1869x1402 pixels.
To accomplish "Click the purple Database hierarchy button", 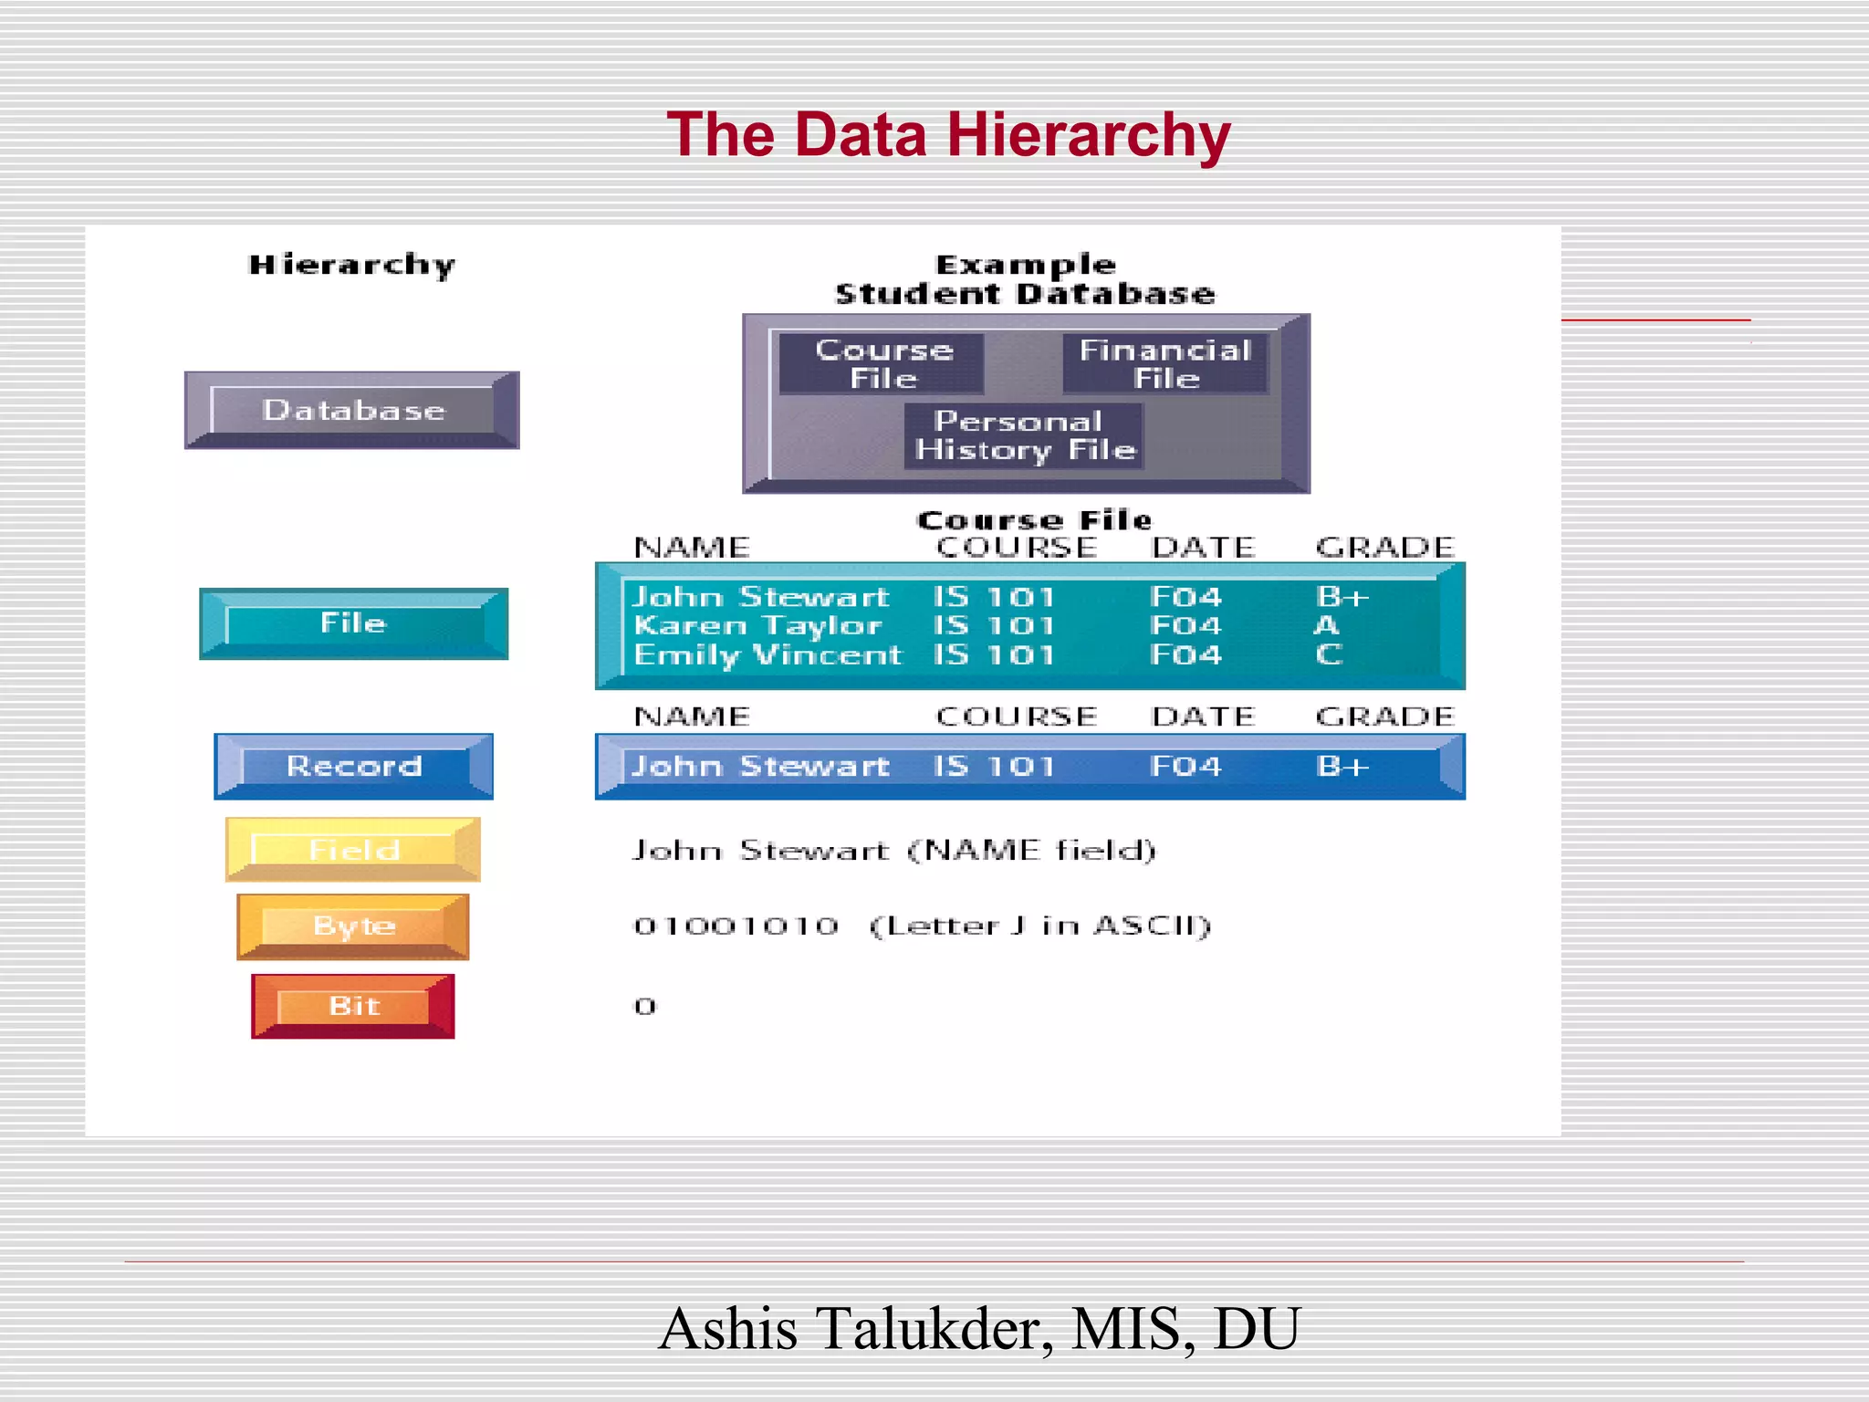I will pos(352,410).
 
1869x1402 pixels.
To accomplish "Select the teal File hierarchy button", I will pos(353,623).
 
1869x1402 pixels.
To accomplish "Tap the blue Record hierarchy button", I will pos(354,766).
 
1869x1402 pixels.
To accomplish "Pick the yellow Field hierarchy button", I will pos(353,850).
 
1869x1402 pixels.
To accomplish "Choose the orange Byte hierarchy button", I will pos(353,926).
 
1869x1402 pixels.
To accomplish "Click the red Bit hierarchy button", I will pos(353,1006).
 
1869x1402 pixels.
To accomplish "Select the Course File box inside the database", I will pos(882,363).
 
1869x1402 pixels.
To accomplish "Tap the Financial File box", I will pos(1165,363).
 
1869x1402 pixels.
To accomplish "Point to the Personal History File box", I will pos(1024,435).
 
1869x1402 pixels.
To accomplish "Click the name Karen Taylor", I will pos(757,625).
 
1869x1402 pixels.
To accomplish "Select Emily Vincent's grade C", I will pos(1328,654).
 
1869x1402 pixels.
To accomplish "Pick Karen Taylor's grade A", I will pos(1326,625).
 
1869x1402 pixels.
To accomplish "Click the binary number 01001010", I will pos(736,926).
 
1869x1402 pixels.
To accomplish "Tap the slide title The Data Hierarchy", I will pos(948,135).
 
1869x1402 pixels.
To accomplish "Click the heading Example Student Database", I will pos(1025,279).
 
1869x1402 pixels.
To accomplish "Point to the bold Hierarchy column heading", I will pos(351,265).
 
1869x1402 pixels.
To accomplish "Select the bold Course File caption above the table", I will pos(1034,520).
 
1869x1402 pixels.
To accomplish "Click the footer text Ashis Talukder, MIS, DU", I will pos(978,1328).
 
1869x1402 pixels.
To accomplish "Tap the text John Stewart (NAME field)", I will pos(894,851).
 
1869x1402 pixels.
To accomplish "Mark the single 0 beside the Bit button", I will pos(645,1007).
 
